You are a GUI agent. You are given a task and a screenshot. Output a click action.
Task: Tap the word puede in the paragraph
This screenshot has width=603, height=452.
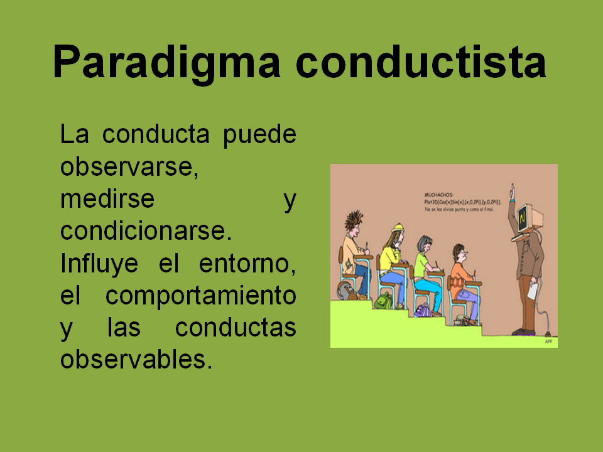pos(259,134)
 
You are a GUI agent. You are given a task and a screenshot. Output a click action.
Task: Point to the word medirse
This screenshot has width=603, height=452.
pos(107,199)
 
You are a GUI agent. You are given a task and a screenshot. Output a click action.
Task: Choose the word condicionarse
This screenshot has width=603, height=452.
pos(146,231)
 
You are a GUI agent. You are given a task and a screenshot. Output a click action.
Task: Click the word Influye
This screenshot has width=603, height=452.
pos(99,263)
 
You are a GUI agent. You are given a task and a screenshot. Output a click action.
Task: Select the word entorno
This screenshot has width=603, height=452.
pos(247,263)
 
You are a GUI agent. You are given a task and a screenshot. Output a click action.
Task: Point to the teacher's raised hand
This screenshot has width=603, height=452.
pos(513,190)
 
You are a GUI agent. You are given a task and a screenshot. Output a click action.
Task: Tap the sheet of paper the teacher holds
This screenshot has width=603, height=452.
pos(531,291)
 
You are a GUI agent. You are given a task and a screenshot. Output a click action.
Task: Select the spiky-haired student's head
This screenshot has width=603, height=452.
pos(354,223)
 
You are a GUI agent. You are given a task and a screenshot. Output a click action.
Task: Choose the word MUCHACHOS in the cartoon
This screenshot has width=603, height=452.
pos(438,195)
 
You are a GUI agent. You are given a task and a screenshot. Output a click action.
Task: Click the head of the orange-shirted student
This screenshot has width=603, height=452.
pos(459,254)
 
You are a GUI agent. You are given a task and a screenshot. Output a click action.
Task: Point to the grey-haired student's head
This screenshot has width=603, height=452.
pos(425,244)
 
